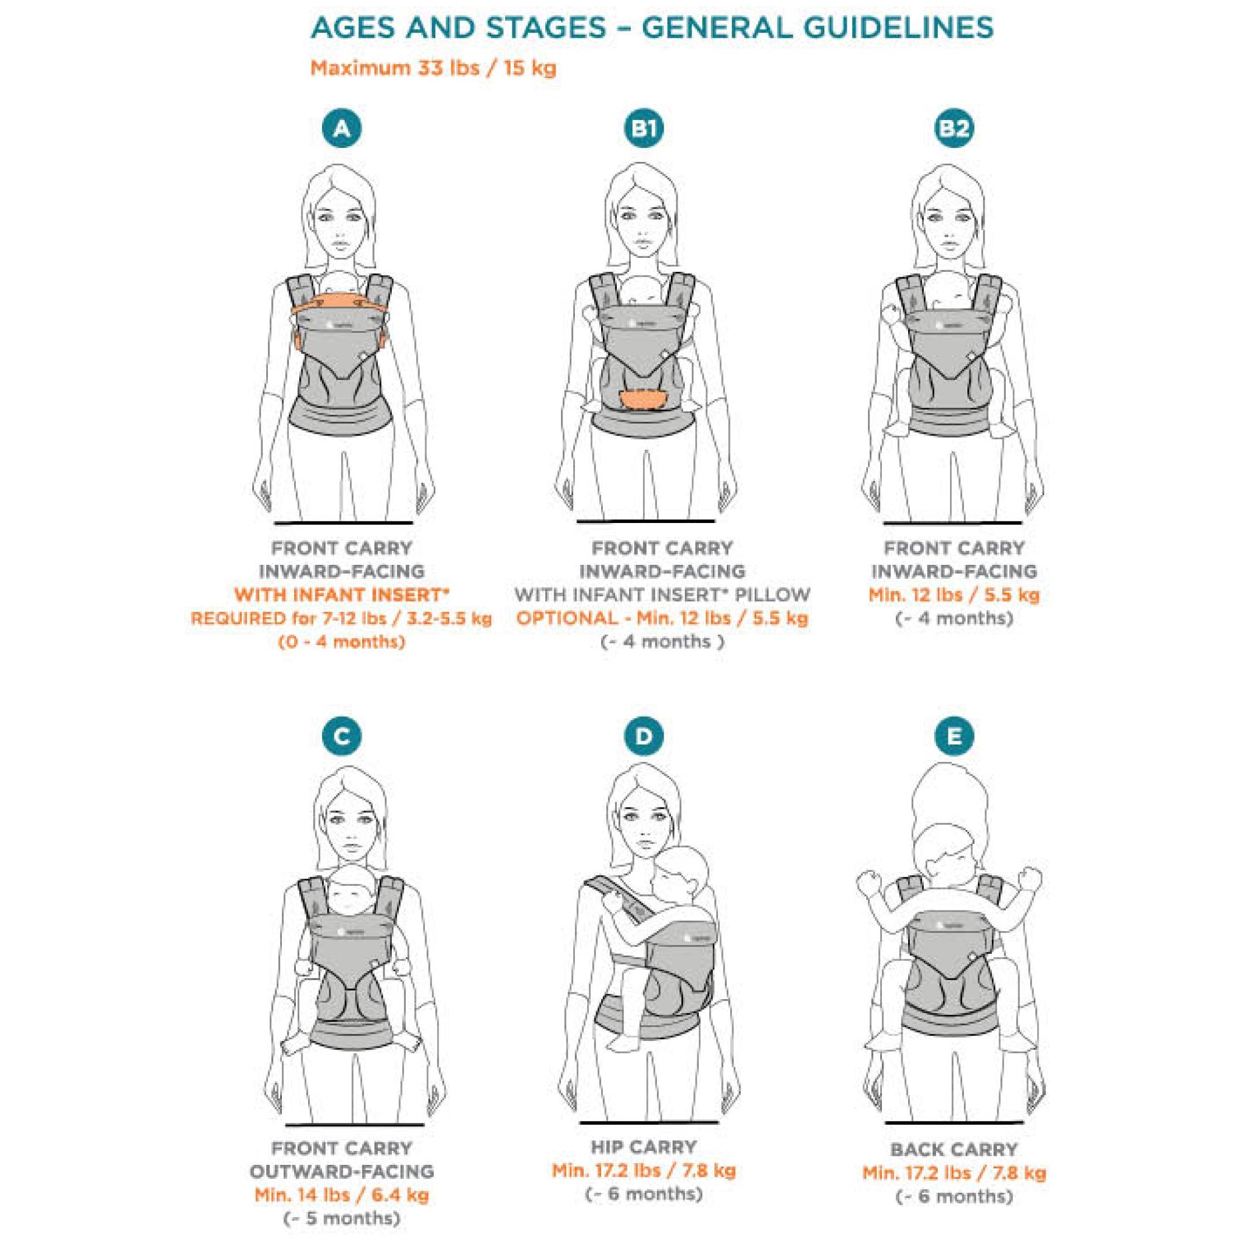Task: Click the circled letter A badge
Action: tap(342, 128)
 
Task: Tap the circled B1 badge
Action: tap(644, 128)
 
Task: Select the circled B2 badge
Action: tap(953, 128)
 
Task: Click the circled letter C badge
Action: tap(342, 736)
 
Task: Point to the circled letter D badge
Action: tap(644, 736)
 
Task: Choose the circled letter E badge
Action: tap(953, 736)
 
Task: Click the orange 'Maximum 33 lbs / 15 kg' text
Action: tap(433, 68)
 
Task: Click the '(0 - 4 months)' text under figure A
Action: tap(342, 641)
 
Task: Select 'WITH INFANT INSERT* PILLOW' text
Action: tap(662, 594)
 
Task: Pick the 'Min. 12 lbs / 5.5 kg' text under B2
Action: tap(953, 594)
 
